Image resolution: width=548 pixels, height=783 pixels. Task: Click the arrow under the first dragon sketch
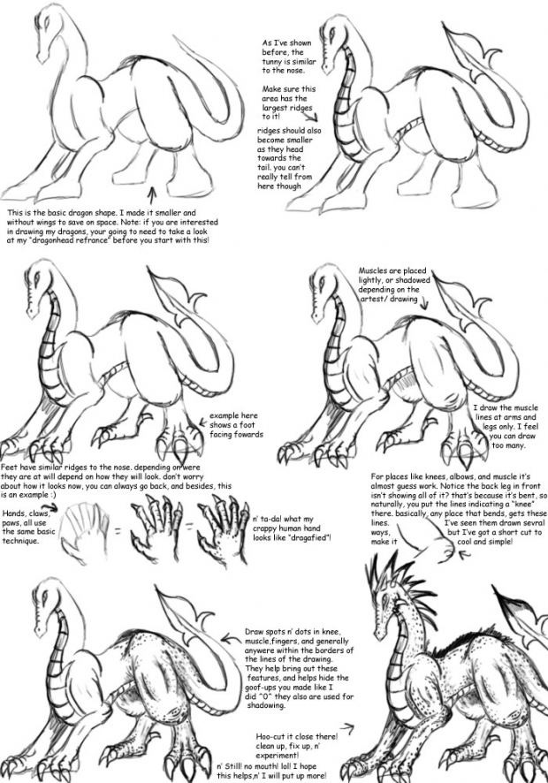155,194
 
